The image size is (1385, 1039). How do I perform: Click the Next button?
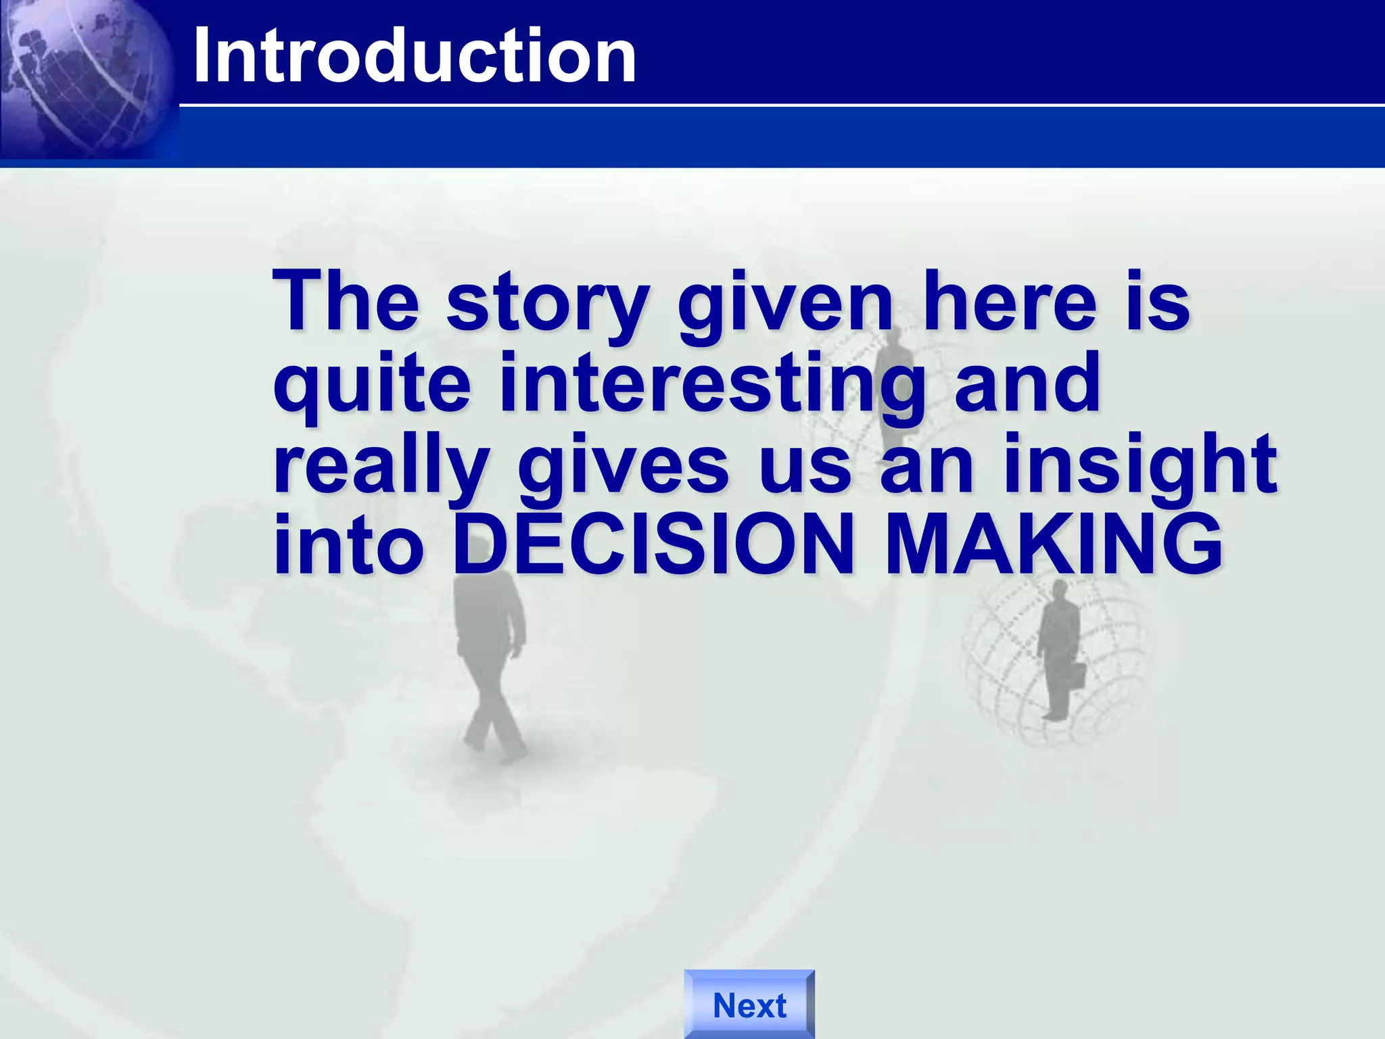coord(749,1005)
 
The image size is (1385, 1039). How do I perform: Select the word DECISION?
coord(653,545)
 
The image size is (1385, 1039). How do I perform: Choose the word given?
coord(785,304)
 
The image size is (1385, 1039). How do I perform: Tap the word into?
coord(348,545)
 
